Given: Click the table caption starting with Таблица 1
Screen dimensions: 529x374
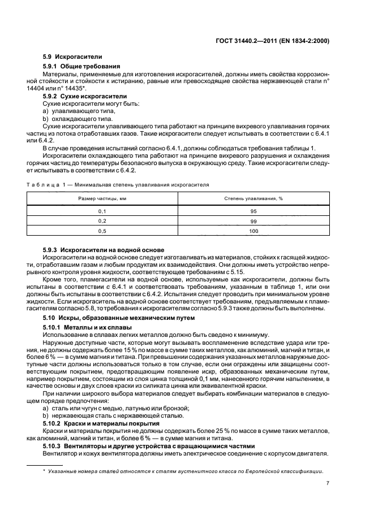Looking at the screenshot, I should coord(118,184).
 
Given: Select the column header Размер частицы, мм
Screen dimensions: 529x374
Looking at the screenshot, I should coord(102,199).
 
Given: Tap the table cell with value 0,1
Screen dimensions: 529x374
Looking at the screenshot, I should coord(102,211).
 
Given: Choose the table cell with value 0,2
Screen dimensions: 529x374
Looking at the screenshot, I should coord(102,221).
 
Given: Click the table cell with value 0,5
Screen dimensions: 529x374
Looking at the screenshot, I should coord(102,231).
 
